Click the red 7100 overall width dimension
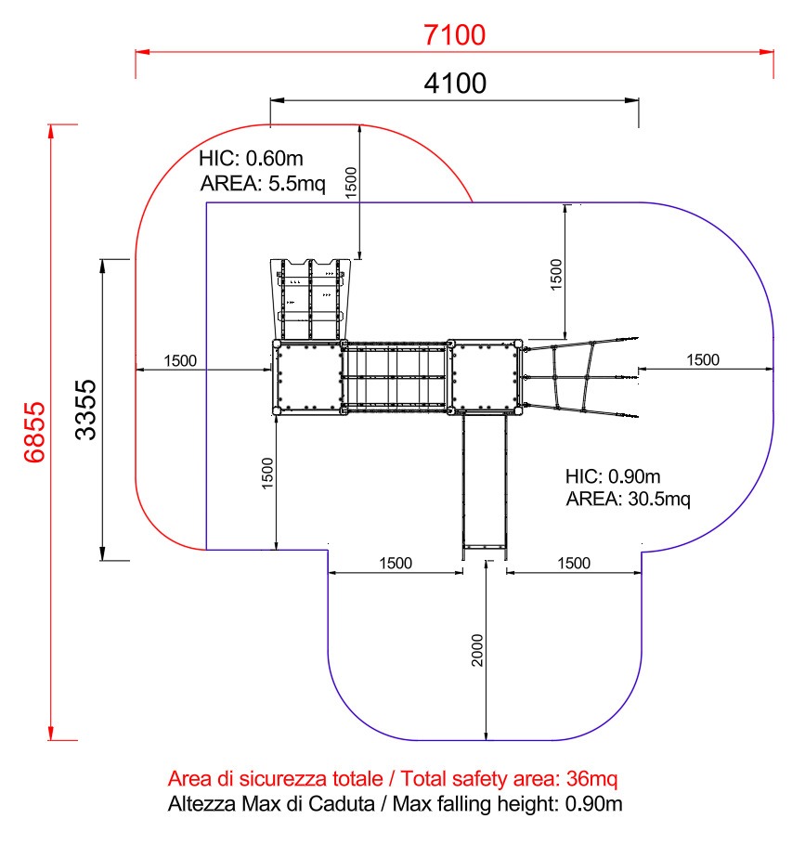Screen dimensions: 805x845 [x=454, y=35]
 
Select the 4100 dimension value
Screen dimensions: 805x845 [x=455, y=84]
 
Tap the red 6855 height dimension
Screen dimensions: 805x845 [x=34, y=432]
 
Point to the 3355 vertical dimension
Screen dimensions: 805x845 [x=85, y=409]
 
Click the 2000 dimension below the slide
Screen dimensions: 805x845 [x=477, y=650]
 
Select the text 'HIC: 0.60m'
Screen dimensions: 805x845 [x=251, y=159]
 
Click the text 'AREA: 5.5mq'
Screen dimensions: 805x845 [x=263, y=184]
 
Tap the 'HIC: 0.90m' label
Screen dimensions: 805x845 [x=613, y=476]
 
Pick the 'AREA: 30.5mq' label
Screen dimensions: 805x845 [x=629, y=499]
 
